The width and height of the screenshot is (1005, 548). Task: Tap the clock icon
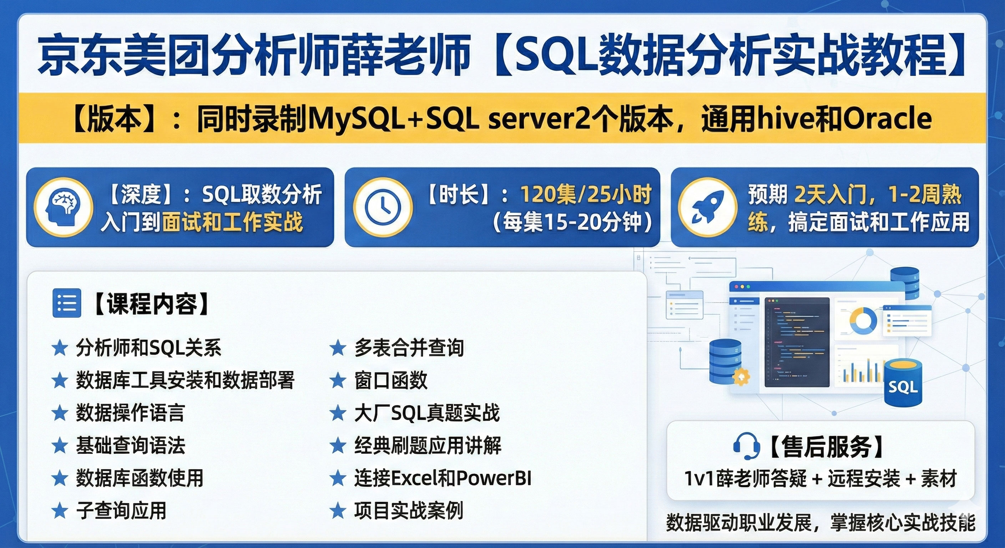pyautogui.click(x=383, y=207)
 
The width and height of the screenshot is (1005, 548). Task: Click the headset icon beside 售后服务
pyautogui.click(x=746, y=447)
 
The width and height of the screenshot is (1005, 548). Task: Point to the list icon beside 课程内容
pyautogui.click(x=67, y=303)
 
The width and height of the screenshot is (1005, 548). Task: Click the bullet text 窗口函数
pyautogui.click(x=390, y=380)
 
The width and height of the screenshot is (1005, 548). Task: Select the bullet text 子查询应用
pyautogui.click(x=121, y=511)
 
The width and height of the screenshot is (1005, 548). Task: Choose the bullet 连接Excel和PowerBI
pyautogui.click(x=443, y=478)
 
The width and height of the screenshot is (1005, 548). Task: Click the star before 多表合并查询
pyautogui.click(x=338, y=348)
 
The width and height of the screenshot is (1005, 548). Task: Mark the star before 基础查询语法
pyautogui.click(x=60, y=446)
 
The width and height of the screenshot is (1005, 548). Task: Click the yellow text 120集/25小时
pyautogui.click(x=586, y=194)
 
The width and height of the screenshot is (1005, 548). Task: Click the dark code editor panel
pyautogui.click(x=797, y=342)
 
